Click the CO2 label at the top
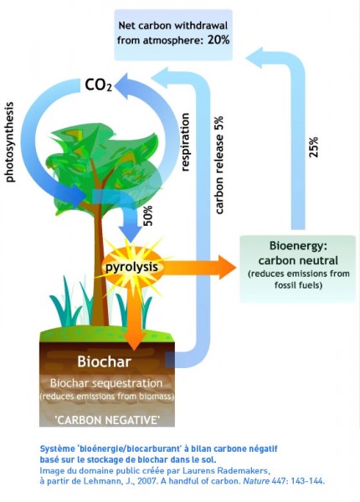point(99,85)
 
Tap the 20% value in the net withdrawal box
point(219,39)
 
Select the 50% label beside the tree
point(148,216)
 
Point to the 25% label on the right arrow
point(314,147)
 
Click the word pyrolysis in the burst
point(131,267)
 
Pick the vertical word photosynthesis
point(10,142)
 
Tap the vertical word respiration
point(185,142)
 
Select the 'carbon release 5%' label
point(219,165)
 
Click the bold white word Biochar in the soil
point(105,361)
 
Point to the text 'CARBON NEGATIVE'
point(107,420)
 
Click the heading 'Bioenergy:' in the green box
point(298,245)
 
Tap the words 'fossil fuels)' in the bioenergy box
point(298,284)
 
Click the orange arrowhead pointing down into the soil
point(135,341)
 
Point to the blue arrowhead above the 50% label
point(131,234)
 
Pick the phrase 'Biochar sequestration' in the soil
point(106,383)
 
